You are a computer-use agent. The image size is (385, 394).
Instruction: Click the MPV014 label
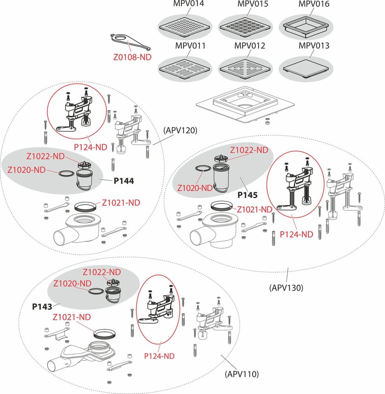[188, 4]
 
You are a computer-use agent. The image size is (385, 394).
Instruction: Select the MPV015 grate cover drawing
[245, 27]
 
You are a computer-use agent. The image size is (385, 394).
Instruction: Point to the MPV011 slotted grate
[185, 69]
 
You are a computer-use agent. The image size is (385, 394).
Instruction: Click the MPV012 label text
[250, 46]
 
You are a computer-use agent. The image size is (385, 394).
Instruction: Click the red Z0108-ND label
[132, 57]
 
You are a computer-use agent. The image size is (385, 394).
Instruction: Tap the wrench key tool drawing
[130, 42]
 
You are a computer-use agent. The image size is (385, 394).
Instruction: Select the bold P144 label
[124, 181]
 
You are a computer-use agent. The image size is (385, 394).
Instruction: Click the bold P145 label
[248, 195]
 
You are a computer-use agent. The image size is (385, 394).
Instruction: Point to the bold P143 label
[42, 307]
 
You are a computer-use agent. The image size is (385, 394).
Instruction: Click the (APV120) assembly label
[180, 130]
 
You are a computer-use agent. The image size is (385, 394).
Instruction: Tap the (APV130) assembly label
[286, 288]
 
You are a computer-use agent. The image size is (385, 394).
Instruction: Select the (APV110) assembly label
[242, 374]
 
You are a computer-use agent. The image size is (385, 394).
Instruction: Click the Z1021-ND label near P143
[72, 317]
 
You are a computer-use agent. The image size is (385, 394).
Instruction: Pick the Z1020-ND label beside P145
[195, 188]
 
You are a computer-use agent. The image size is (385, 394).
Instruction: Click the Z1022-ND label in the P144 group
[45, 156]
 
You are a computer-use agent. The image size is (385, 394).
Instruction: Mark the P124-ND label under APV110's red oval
[159, 356]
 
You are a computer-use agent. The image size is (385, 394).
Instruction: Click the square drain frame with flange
[245, 106]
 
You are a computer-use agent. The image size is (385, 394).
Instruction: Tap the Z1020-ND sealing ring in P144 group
[66, 173]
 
